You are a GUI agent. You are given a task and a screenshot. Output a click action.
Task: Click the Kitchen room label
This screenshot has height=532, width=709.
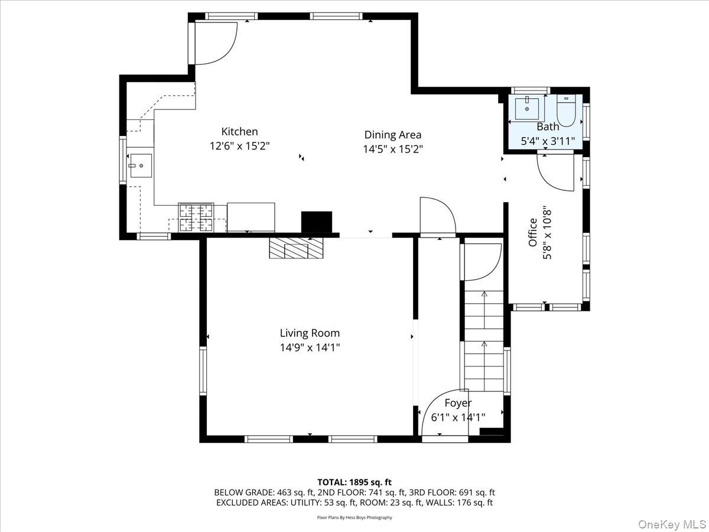(239, 132)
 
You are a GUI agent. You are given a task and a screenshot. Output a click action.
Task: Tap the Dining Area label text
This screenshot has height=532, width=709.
(392, 135)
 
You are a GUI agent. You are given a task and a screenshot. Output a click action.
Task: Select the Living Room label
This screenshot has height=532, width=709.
(310, 333)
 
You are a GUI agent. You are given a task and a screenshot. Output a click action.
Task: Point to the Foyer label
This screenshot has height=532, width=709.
(458, 403)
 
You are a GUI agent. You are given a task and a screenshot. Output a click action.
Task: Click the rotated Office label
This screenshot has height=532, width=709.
(533, 232)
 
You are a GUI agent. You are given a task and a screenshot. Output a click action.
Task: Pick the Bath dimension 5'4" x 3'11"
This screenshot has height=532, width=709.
(548, 141)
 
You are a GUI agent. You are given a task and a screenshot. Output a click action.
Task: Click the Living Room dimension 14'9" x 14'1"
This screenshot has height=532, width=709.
(310, 348)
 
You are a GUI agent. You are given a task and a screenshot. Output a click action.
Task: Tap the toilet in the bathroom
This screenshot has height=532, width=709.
(566, 112)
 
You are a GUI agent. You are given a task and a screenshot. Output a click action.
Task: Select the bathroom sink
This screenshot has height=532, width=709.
(526, 109)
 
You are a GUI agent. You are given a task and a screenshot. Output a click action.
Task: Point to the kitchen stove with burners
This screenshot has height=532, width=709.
(196, 217)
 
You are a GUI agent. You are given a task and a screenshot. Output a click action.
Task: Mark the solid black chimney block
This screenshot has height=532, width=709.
(317, 222)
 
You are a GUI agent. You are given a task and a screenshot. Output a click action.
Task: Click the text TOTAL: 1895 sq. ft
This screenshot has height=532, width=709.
(354, 482)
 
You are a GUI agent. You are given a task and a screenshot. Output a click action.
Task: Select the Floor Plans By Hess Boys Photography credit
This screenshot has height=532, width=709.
(354, 518)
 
